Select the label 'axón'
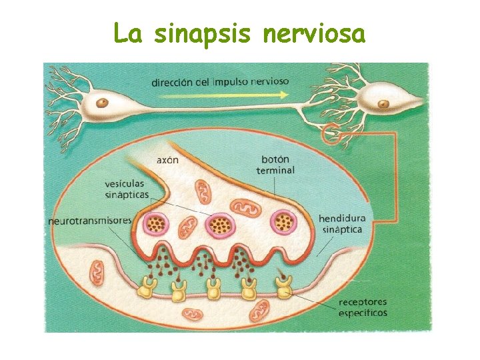coord(167,159)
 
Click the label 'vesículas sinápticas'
coord(127,189)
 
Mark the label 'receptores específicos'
coord(363,307)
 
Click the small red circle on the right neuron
coord(332,136)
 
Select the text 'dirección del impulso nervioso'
coord(220,82)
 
